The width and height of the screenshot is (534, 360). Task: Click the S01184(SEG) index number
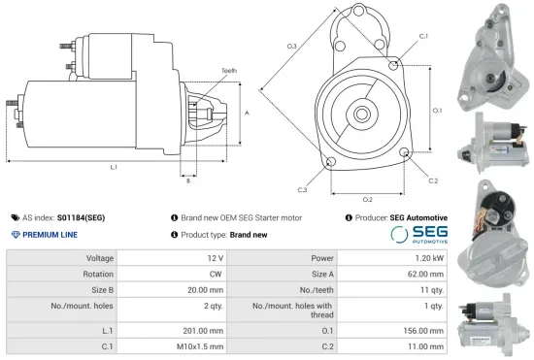(81, 218)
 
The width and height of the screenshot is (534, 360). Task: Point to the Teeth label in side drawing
(229, 71)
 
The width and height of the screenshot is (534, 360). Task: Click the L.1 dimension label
(114, 168)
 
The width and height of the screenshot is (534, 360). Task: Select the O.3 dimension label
(292, 46)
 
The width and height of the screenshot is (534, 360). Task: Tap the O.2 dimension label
(368, 199)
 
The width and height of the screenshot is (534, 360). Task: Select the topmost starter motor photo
(493, 53)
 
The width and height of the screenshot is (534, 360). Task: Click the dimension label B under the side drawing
(187, 180)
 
